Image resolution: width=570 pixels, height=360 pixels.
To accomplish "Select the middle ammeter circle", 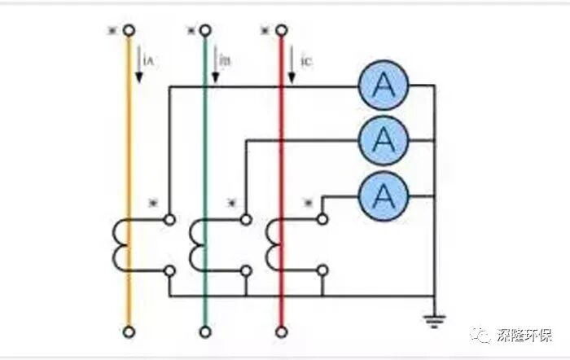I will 383,140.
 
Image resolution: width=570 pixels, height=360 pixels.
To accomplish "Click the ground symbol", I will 435,317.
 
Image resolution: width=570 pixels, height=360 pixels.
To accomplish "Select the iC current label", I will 301,61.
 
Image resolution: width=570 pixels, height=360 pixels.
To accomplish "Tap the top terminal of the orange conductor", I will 128,31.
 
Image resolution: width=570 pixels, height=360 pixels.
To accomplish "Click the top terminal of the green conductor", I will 204,31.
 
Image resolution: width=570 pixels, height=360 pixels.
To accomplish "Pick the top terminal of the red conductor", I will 281,31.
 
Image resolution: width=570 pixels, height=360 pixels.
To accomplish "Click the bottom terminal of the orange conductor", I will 128,331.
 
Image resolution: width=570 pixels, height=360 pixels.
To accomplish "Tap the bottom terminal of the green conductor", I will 204,331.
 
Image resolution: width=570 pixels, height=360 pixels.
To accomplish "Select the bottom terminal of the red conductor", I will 281,331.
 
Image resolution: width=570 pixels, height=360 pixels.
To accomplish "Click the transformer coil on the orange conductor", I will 120,244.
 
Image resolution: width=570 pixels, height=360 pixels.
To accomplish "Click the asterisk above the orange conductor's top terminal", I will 112,30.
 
